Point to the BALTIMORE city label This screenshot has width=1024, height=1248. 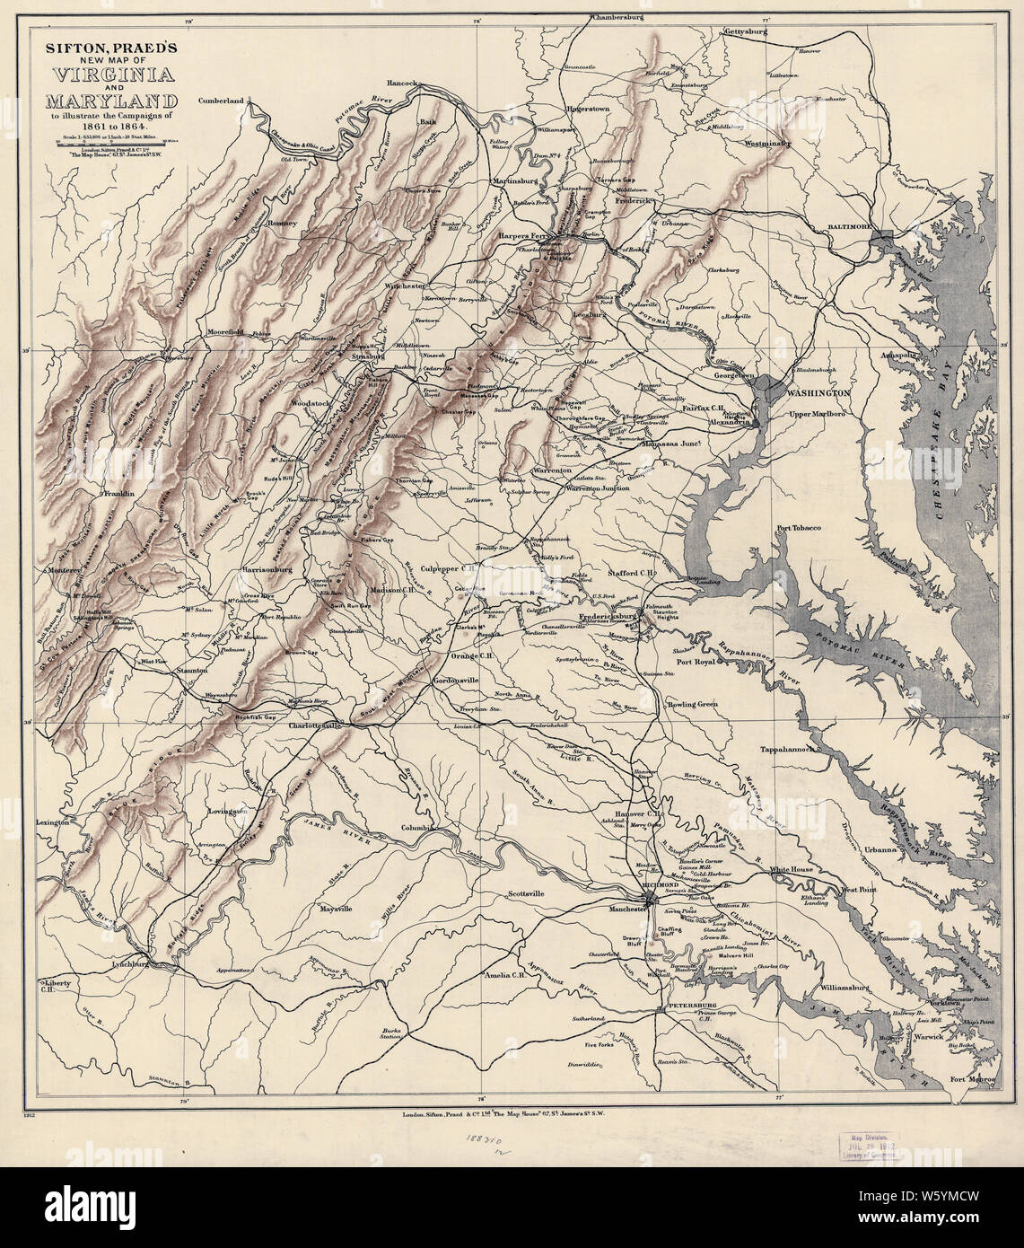851,229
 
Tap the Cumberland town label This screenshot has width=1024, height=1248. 222,101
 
